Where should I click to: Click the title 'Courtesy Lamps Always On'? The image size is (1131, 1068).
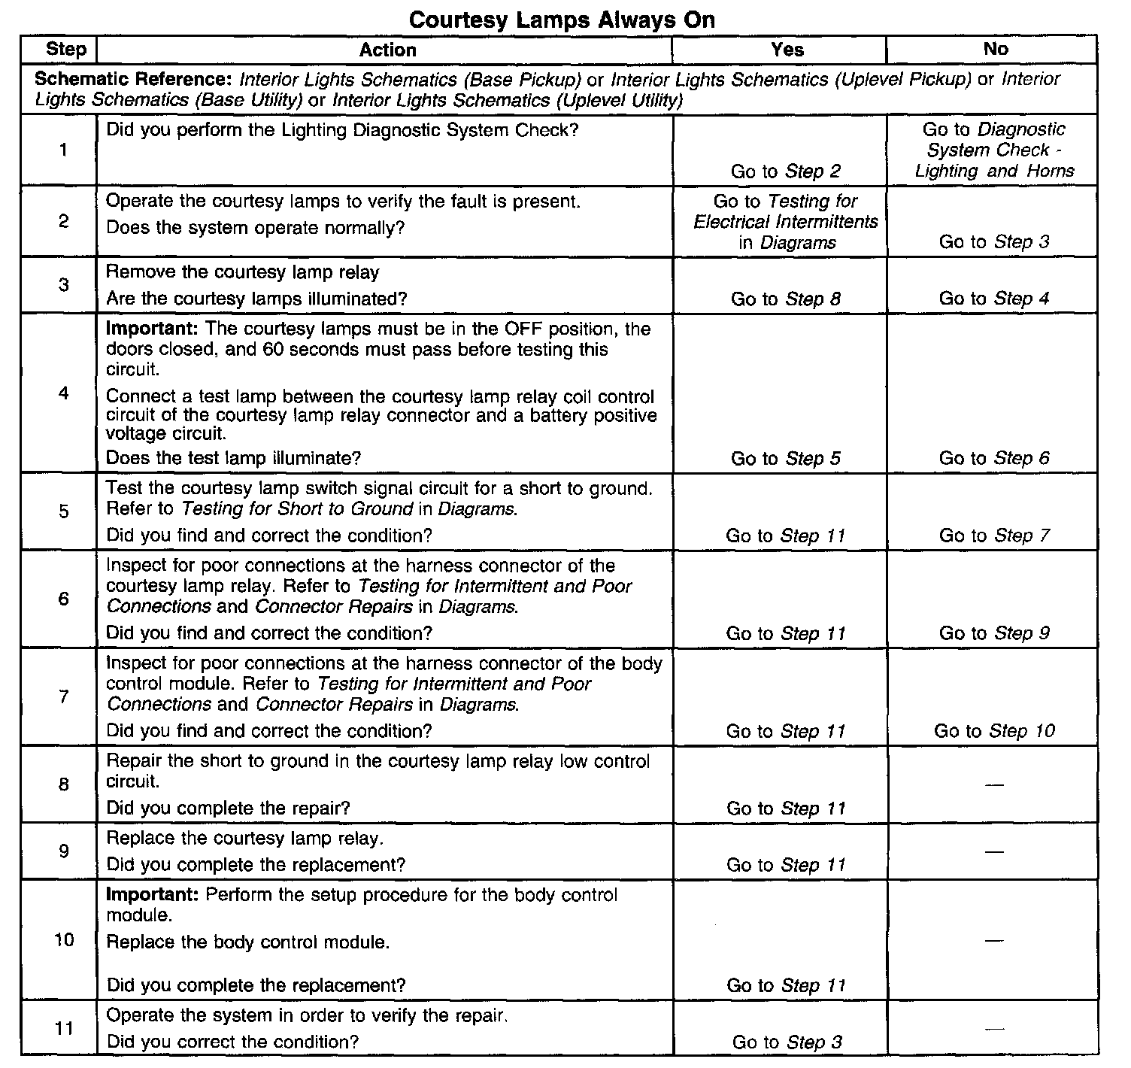click(561, 20)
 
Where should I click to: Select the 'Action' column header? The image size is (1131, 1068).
click(387, 50)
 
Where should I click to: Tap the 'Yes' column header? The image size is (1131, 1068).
click(787, 50)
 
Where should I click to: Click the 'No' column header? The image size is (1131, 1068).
click(995, 49)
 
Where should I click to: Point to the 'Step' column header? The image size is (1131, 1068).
click(66, 50)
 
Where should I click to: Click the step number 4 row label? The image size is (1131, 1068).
click(63, 393)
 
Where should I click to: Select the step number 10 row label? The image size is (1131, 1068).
click(64, 940)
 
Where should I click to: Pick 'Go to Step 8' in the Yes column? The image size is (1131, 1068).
click(786, 299)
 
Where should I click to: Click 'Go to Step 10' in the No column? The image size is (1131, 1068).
click(994, 731)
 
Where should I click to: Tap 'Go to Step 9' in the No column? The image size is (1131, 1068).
click(994, 633)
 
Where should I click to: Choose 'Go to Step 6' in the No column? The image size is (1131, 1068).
click(994, 459)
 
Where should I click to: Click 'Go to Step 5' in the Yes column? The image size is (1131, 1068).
click(786, 459)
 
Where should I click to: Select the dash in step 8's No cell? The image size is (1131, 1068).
click(994, 785)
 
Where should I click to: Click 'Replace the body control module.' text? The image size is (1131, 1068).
click(248, 942)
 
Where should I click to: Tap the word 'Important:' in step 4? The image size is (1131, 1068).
click(153, 329)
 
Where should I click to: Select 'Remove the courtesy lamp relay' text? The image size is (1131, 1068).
click(242, 272)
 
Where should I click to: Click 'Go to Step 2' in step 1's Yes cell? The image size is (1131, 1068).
click(786, 171)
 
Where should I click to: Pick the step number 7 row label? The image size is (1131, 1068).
click(63, 697)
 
